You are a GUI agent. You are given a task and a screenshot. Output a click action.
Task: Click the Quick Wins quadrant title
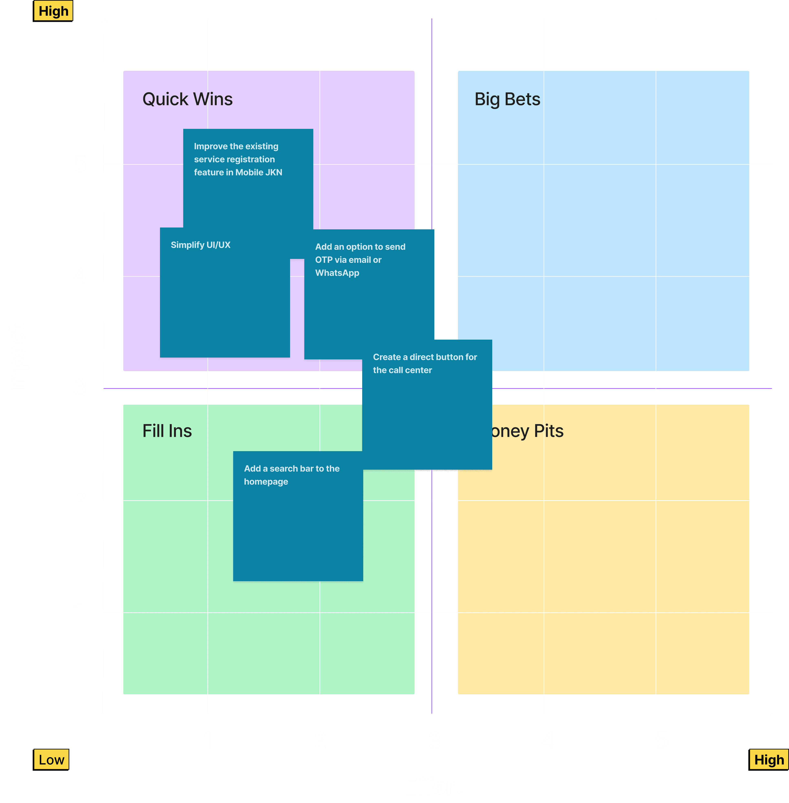coord(187,99)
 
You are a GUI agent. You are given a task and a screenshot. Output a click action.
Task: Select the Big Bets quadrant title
coord(507,99)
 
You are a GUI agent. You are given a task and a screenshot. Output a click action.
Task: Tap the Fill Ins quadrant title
coord(167,431)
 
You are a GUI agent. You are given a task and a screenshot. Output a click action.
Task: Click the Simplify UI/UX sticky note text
coord(201,245)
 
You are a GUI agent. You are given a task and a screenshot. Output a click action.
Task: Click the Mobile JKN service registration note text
coord(238,159)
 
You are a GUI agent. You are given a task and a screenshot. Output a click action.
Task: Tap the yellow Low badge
coord(51,760)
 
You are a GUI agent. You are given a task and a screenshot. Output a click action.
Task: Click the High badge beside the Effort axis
coord(769,760)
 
